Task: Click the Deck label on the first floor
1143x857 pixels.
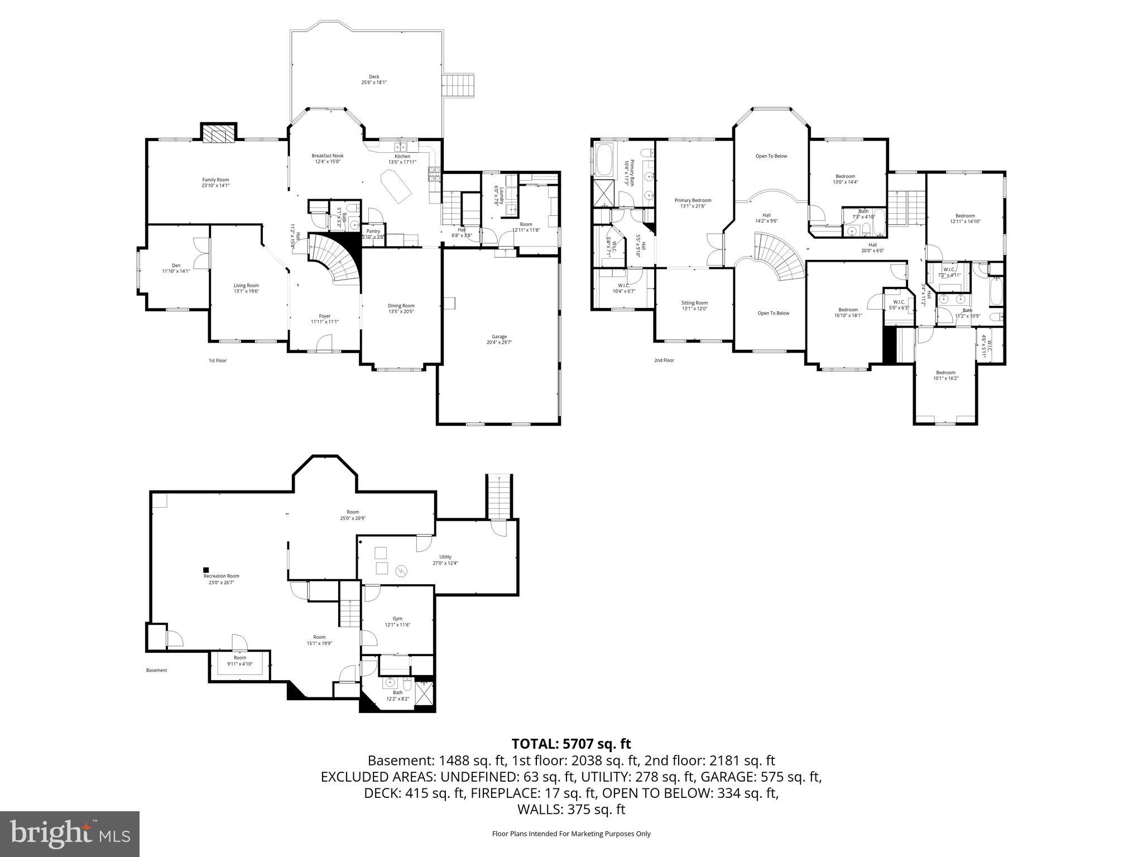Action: click(x=374, y=79)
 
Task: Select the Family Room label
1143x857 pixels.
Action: click(x=215, y=182)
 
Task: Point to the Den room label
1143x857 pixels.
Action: click(x=176, y=268)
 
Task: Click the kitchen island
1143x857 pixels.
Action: click(x=396, y=187)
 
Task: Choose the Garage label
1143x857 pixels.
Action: click(x=499, y=339)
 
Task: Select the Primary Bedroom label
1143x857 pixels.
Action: click(x=693, y=203)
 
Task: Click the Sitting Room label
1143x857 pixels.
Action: click(x=694, y=306)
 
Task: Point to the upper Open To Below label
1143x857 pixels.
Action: click(x=771, y=156)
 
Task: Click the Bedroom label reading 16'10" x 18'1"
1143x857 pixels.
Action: click(x=848, y=312)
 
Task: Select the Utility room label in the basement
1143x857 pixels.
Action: click(x=445, y=560)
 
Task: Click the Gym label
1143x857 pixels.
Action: click(x=397, y=621)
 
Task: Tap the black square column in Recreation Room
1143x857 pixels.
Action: click(x=206, y=570)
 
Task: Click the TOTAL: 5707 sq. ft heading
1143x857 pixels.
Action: click(x=571, y=744)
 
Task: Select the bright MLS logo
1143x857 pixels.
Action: click(x=70, y=834)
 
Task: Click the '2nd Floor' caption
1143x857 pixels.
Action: click(x=664, y=360)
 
